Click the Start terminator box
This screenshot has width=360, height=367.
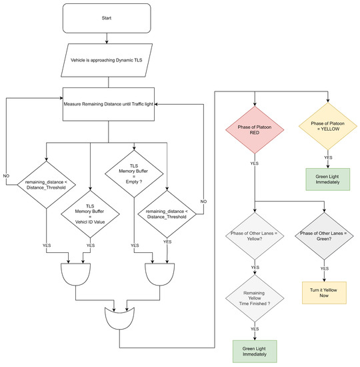click(109, 19)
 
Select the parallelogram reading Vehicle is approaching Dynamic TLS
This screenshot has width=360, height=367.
click(109, 60)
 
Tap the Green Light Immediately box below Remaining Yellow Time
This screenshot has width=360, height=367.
click(254, 351)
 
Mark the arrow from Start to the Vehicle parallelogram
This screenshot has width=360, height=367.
click(109, 39)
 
